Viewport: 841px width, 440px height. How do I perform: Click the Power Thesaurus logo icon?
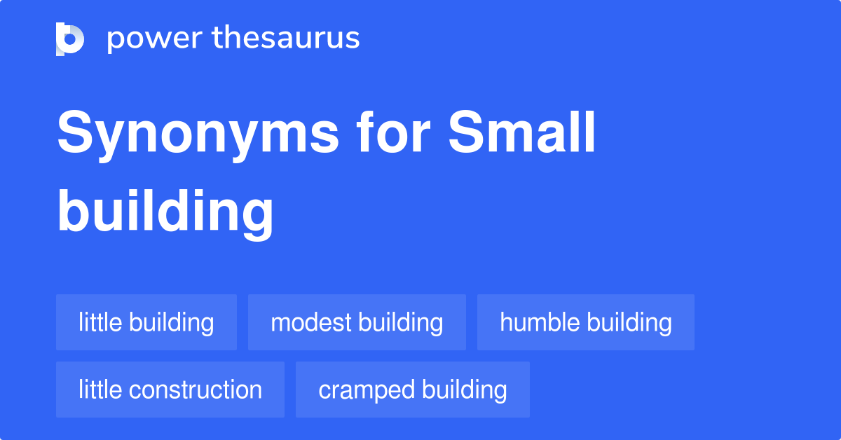[70, 39]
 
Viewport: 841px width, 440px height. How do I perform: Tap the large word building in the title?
[165, 212]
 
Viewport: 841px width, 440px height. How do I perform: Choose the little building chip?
[146, 322]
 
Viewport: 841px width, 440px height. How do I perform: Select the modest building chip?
[357, 322]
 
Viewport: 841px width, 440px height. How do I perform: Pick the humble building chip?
[586, 322]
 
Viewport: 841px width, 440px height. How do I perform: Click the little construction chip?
[170, 390]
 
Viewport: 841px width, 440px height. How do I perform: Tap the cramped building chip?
[413, 390]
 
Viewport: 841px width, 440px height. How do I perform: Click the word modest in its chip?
[310, 322]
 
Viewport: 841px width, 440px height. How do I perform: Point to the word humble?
[540, 322]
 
